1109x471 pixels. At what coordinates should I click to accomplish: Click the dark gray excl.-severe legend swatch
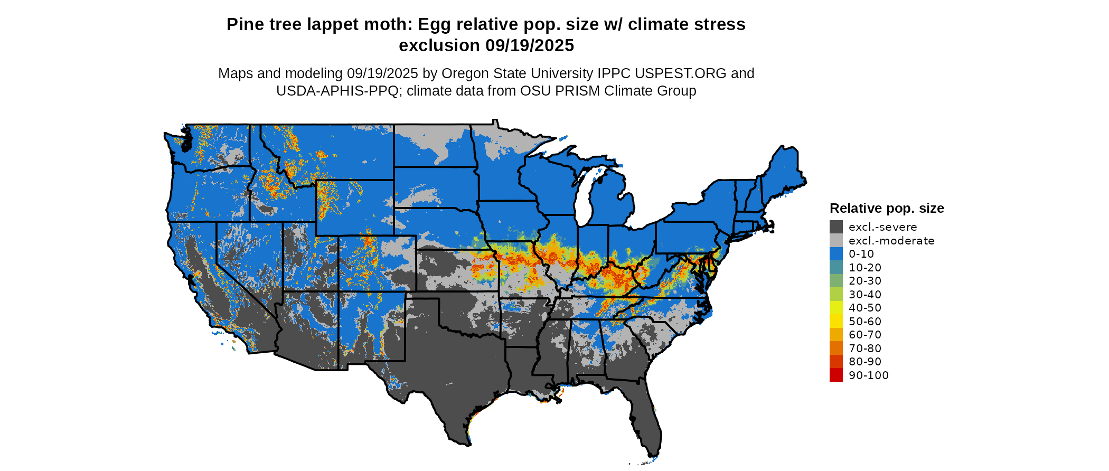(836, 227)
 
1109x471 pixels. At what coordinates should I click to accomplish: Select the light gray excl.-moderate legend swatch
(836, 241)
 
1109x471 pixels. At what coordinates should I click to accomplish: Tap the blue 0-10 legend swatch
(836, 254)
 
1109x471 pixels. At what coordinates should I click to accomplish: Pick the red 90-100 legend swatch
(836, 375)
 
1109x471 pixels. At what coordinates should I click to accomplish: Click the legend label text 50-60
(864, 322)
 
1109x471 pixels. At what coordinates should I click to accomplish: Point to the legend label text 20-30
(864, 281)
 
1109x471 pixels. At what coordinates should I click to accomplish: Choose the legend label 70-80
(864, 348)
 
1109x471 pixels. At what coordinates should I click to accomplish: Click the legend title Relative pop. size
(887, 208)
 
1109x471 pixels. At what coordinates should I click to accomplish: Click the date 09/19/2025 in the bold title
(529, 46)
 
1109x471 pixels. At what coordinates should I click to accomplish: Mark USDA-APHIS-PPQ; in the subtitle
(339, 91)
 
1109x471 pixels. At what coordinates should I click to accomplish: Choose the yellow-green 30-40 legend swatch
(836, 295)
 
